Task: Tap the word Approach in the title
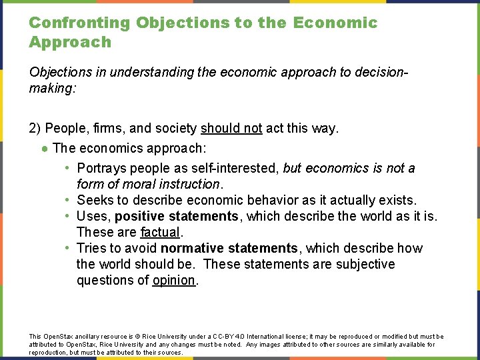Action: click(x=70, y=42)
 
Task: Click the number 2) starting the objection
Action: click(x=36, y=128)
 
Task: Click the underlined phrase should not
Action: click(x=231, y=128)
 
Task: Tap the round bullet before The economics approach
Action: click(x=44, y=149)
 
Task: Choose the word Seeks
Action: click(x=95, y=200)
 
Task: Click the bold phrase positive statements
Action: click(x=176, y=216)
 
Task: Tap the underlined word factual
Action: click(x=160, y=232)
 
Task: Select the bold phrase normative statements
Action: click(x=229, y=248)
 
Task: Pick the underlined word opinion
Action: click(x=173, y=280)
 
